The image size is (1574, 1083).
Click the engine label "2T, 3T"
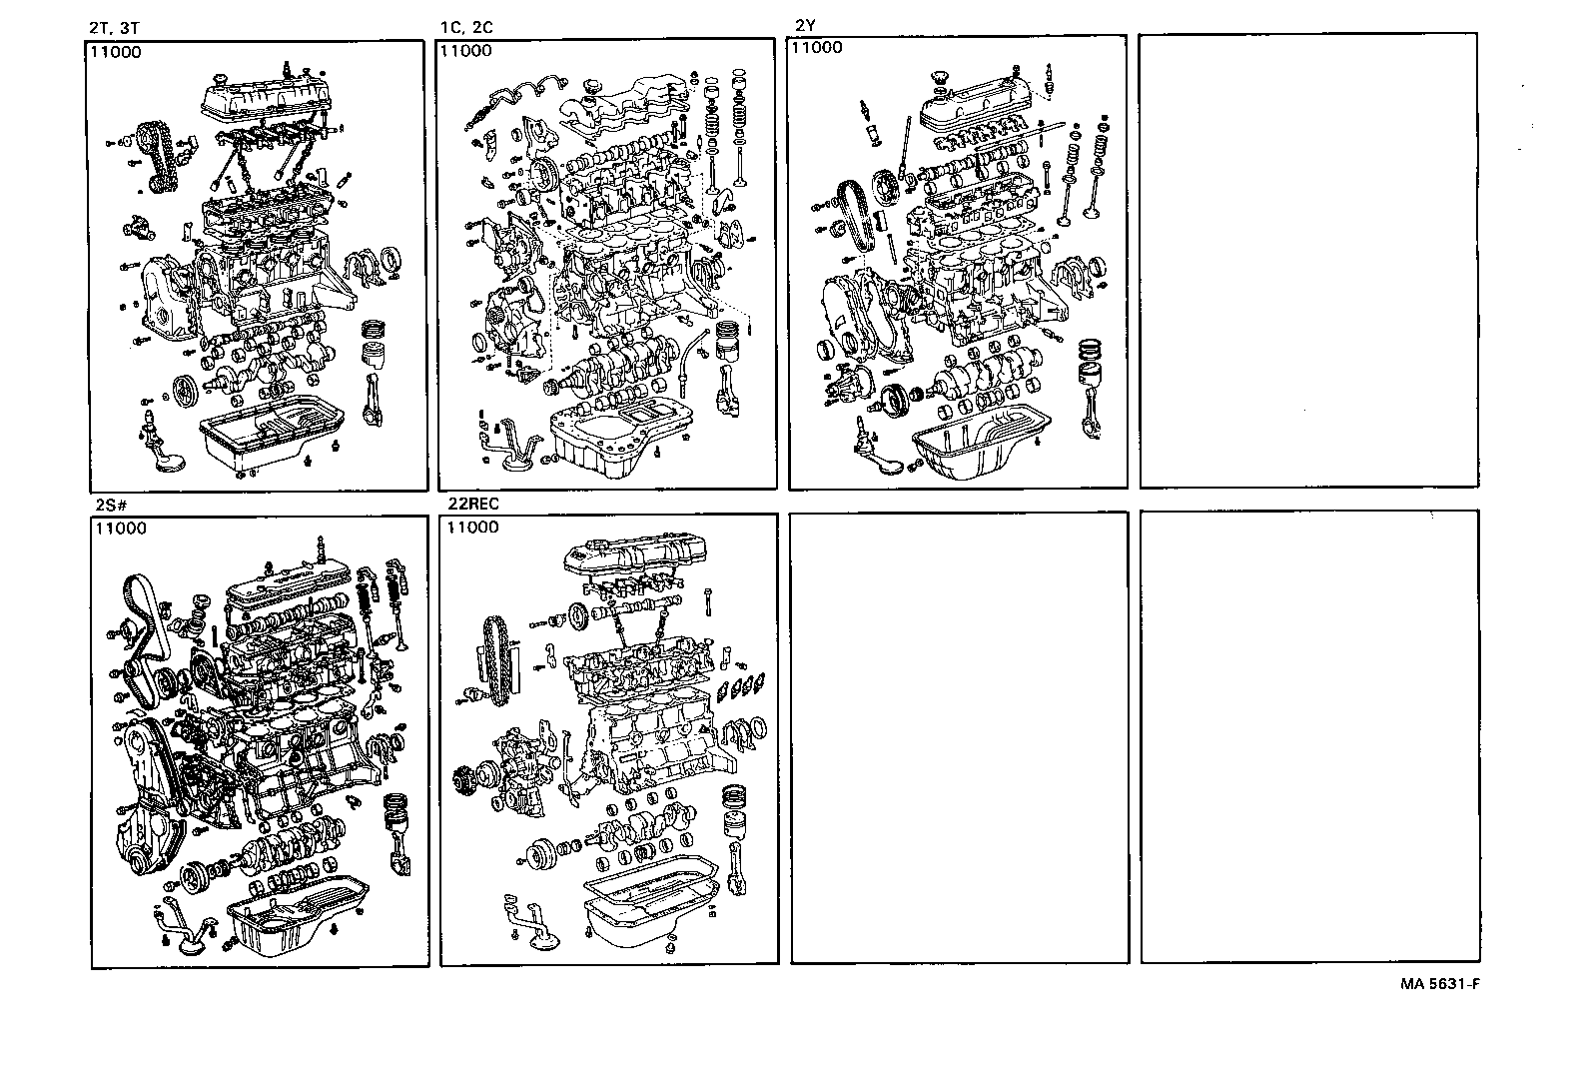(x=114, y=29)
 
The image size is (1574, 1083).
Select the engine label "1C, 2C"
(x=465, y=28)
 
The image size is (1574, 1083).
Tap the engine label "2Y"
(x=806, y=25)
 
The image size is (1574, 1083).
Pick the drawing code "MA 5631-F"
(x=1439, y=983)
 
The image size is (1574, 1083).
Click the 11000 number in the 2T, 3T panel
(x=116, y=52)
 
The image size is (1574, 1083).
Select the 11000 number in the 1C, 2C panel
(x=466, y=50)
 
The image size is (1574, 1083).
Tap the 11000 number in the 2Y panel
(x=816, y=47)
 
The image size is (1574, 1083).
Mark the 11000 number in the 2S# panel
(x=121, y=529)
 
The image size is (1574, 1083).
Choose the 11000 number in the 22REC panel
(x=473, y=527)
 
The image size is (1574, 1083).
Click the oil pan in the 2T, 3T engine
(x=270, y=432)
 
